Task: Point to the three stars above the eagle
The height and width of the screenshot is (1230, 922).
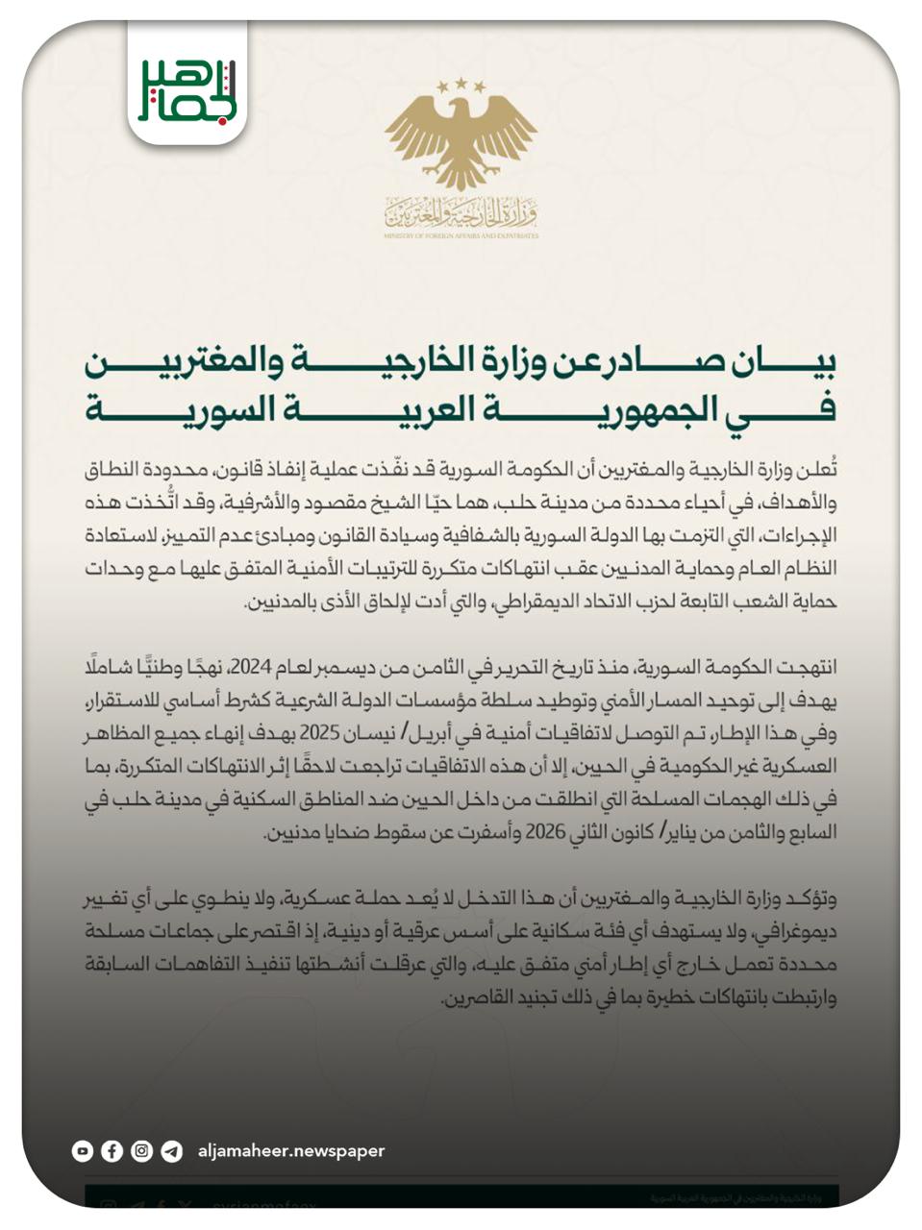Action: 461,86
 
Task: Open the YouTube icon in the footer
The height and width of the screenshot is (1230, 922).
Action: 83,1150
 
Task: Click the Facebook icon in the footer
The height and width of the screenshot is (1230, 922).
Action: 112,1150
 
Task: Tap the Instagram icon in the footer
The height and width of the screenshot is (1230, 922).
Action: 142,1150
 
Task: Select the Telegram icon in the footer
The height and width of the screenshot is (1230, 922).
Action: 172,1150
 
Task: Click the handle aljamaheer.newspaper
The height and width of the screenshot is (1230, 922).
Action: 290,1150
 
